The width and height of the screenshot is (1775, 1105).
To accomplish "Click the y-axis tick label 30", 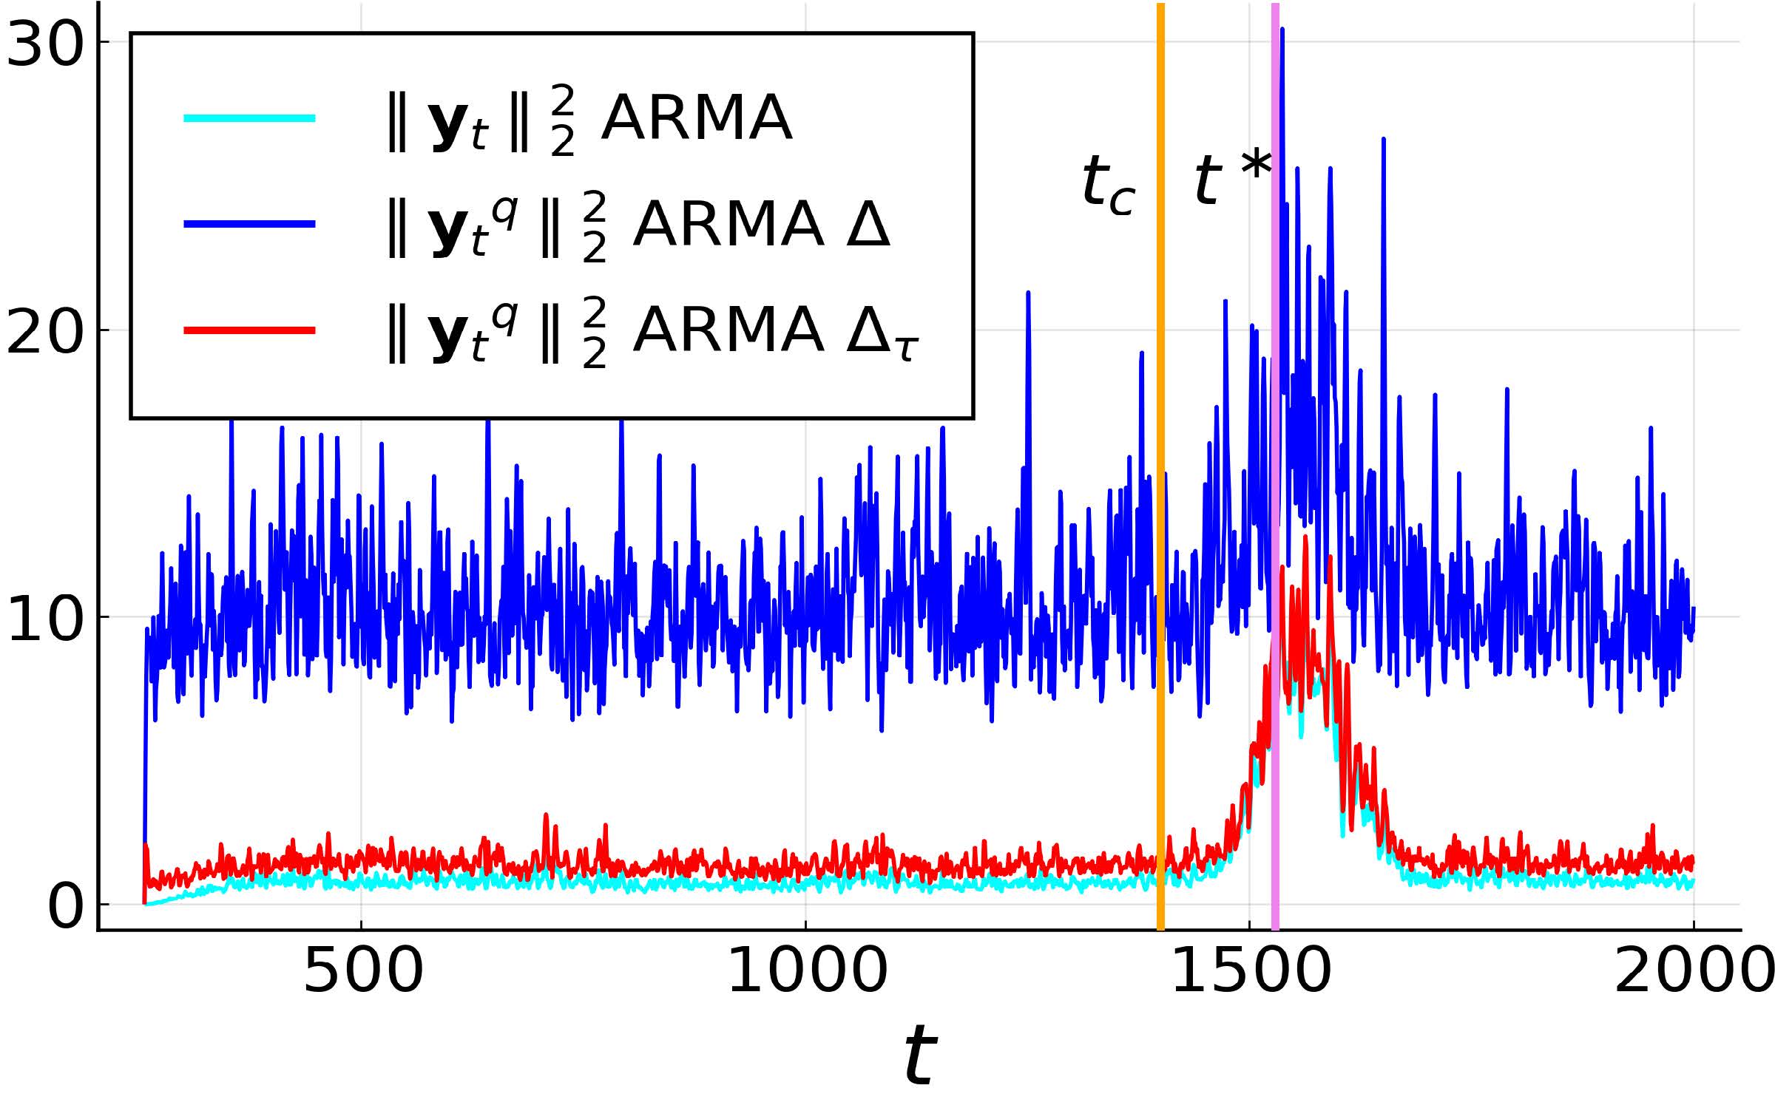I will pyautogui.click(x=44, y=44).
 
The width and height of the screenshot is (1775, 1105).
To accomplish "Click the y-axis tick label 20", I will pyautogui.click(x=44, y=332).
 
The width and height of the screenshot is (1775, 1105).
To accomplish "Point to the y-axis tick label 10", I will pyautogui.click(x=44, y=619).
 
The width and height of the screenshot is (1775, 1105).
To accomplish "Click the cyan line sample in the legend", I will pyautogui.click(x=250, y=118).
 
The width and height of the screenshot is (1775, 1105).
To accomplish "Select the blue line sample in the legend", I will pyautogui.click(x=250, y=224).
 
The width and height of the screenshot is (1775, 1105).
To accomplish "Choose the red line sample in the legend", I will pyautogui.click(x=250, y=330).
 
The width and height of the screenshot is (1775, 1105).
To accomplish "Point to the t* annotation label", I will pyautogui.click(x=1231, y=177).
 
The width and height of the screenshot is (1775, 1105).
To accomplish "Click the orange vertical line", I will pyautogui.click(x=1160, y=517).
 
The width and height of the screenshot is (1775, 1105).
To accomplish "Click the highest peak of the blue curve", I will pyautogui.click(x=1282, y=30).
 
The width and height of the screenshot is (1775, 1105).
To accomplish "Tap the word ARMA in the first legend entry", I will pyautogui.click(x=696, y=118).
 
